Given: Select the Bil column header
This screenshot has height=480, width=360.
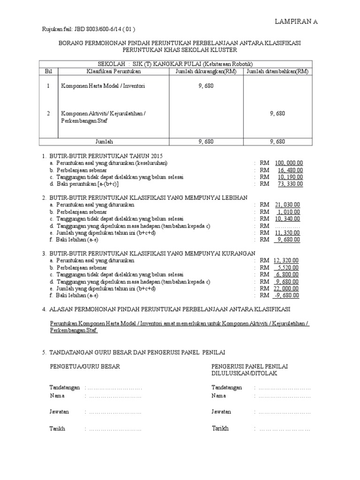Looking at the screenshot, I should pyautogui.click(x=48, y=71).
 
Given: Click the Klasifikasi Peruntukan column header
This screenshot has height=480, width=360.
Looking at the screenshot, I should pyautogui.click(x=112, y=71).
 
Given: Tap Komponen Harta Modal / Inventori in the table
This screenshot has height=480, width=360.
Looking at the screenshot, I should pyautogui.click(x=103, y=86).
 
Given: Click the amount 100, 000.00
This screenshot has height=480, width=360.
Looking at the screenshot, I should pyautogui.click(x=289, y=163).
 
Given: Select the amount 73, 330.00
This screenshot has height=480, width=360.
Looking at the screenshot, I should pyautogui.click(x=290, y=184).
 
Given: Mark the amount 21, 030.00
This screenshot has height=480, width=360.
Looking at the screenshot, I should pyautogui.click(x=287, y=204).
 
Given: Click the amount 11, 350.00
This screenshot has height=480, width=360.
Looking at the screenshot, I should pyautogui.click(x=287, y=232).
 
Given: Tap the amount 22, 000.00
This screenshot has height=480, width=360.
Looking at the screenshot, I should pyautogui.click(x=286, y=288).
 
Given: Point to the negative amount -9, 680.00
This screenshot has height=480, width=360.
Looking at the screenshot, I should pyautogui.click(x=287, y=295).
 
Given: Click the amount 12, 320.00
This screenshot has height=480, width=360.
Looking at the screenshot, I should pyautogui.click(x=286, y=260).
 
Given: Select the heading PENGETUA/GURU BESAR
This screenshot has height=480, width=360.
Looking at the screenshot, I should pyautogui.click(x=84, y=367).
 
